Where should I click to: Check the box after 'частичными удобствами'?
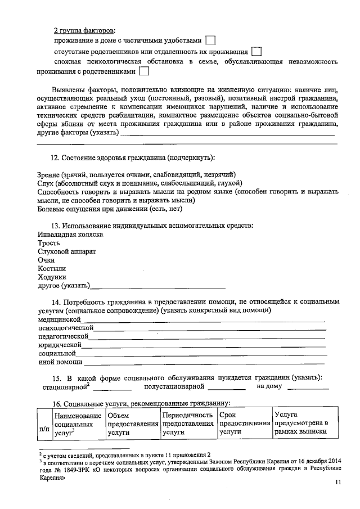point(210,40)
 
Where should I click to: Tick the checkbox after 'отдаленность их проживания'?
point(256,51)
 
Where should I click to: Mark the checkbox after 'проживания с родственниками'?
point(143,71)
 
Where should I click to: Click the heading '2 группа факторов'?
point(85,29)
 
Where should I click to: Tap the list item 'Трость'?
point(49,243)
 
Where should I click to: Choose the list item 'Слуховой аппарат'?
point(67,251)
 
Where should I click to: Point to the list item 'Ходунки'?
point(52,277)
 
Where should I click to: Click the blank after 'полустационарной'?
point(227,388)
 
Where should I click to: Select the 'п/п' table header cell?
point(43,429)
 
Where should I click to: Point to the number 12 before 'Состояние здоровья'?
point(55,159)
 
